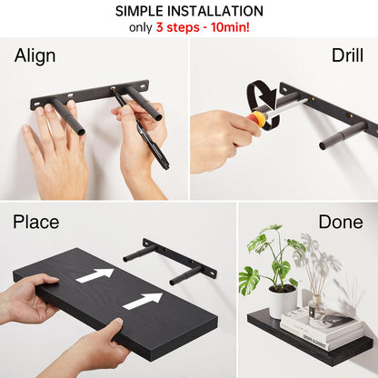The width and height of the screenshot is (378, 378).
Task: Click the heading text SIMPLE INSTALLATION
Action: click(x=189, y=12)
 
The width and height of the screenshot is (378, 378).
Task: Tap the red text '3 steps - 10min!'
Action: click(x=212, y=28)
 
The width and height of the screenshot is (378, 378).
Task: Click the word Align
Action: click(x=35, y=56)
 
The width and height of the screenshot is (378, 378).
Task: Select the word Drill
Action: click(x=347, y=56)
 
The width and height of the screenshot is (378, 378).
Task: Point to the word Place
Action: click(x=36, y=222)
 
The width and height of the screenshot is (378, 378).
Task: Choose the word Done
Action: click(x=341, y=222)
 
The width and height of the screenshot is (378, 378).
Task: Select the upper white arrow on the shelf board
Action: click(x=95, y=274)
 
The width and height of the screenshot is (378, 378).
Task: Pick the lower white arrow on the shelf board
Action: click(x=143, y=300)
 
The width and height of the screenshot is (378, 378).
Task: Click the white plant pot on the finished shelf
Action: click(x=283, y=301)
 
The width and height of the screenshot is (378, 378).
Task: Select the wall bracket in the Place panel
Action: click(x=173, y=260)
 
